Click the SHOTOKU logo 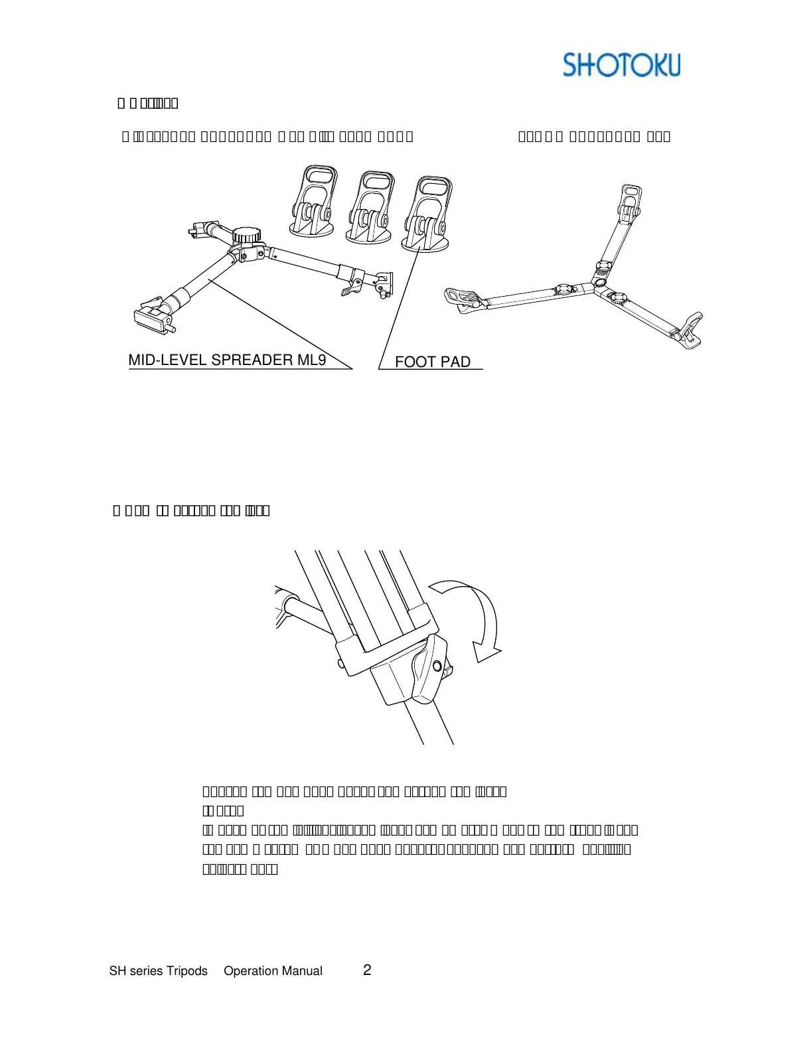pos(621,65)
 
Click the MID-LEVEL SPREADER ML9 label pos(227,360)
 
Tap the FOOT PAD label pos(433,362)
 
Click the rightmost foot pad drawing pos(427,214)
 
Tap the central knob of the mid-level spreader pos(246,235)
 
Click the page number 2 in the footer pos(367,970)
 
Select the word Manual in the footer pos(301,971)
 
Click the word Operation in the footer pos(252,971)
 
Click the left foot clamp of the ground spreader pos(464,297)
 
